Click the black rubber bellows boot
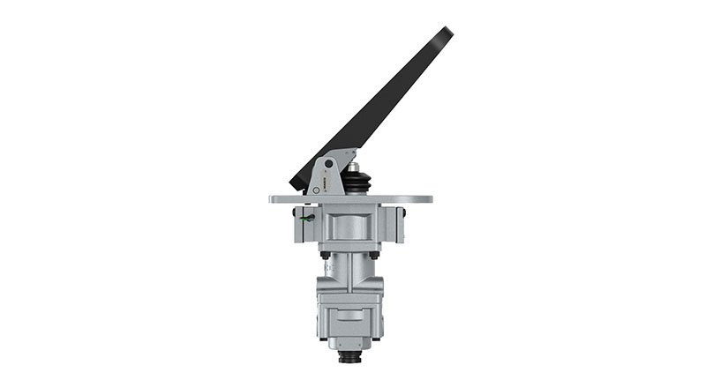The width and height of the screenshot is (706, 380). pyautogui.click(x=355, y=183)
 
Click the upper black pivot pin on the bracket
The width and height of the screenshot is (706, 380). pyautogui.click(x=329, y=163)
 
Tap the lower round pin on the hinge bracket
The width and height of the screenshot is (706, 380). pyautogui.click(x=315, y=188)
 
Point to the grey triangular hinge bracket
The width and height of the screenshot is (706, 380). pyautogui.click(x=323, y=176)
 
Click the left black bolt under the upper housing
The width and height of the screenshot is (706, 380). pyautogui.click(x=326, y=255)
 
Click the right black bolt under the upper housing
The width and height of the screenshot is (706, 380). pyautogui.click(x=374, y=255)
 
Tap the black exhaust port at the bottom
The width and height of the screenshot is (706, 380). pyautogui.click(x=349, y=358)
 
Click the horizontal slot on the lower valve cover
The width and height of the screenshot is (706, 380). pyautogui.click(x=349, y=315)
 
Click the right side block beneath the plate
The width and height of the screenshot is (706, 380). pyautogui.click(x=393, y=224)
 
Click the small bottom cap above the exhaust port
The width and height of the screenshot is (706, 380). pyautogui.click(x=349, y=343)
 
